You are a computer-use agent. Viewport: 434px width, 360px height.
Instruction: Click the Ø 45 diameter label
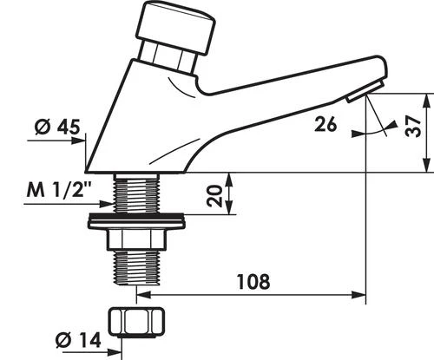click(x=57, y=127)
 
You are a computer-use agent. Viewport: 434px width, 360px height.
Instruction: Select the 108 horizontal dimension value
click(x=253, y=281)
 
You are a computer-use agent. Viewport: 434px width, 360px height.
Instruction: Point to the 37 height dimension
click(x=413, y=127)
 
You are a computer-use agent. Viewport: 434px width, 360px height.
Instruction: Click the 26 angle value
click(x=325, y=124)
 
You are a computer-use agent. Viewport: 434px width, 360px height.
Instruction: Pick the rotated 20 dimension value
click(x=214, y=196)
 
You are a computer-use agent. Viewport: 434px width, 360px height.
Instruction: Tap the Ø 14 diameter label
click(x=78, y=340)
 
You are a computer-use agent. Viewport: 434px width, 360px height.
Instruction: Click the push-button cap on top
click(x=176, y=28)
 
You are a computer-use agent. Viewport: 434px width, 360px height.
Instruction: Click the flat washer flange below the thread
click(x=136, y=220)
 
